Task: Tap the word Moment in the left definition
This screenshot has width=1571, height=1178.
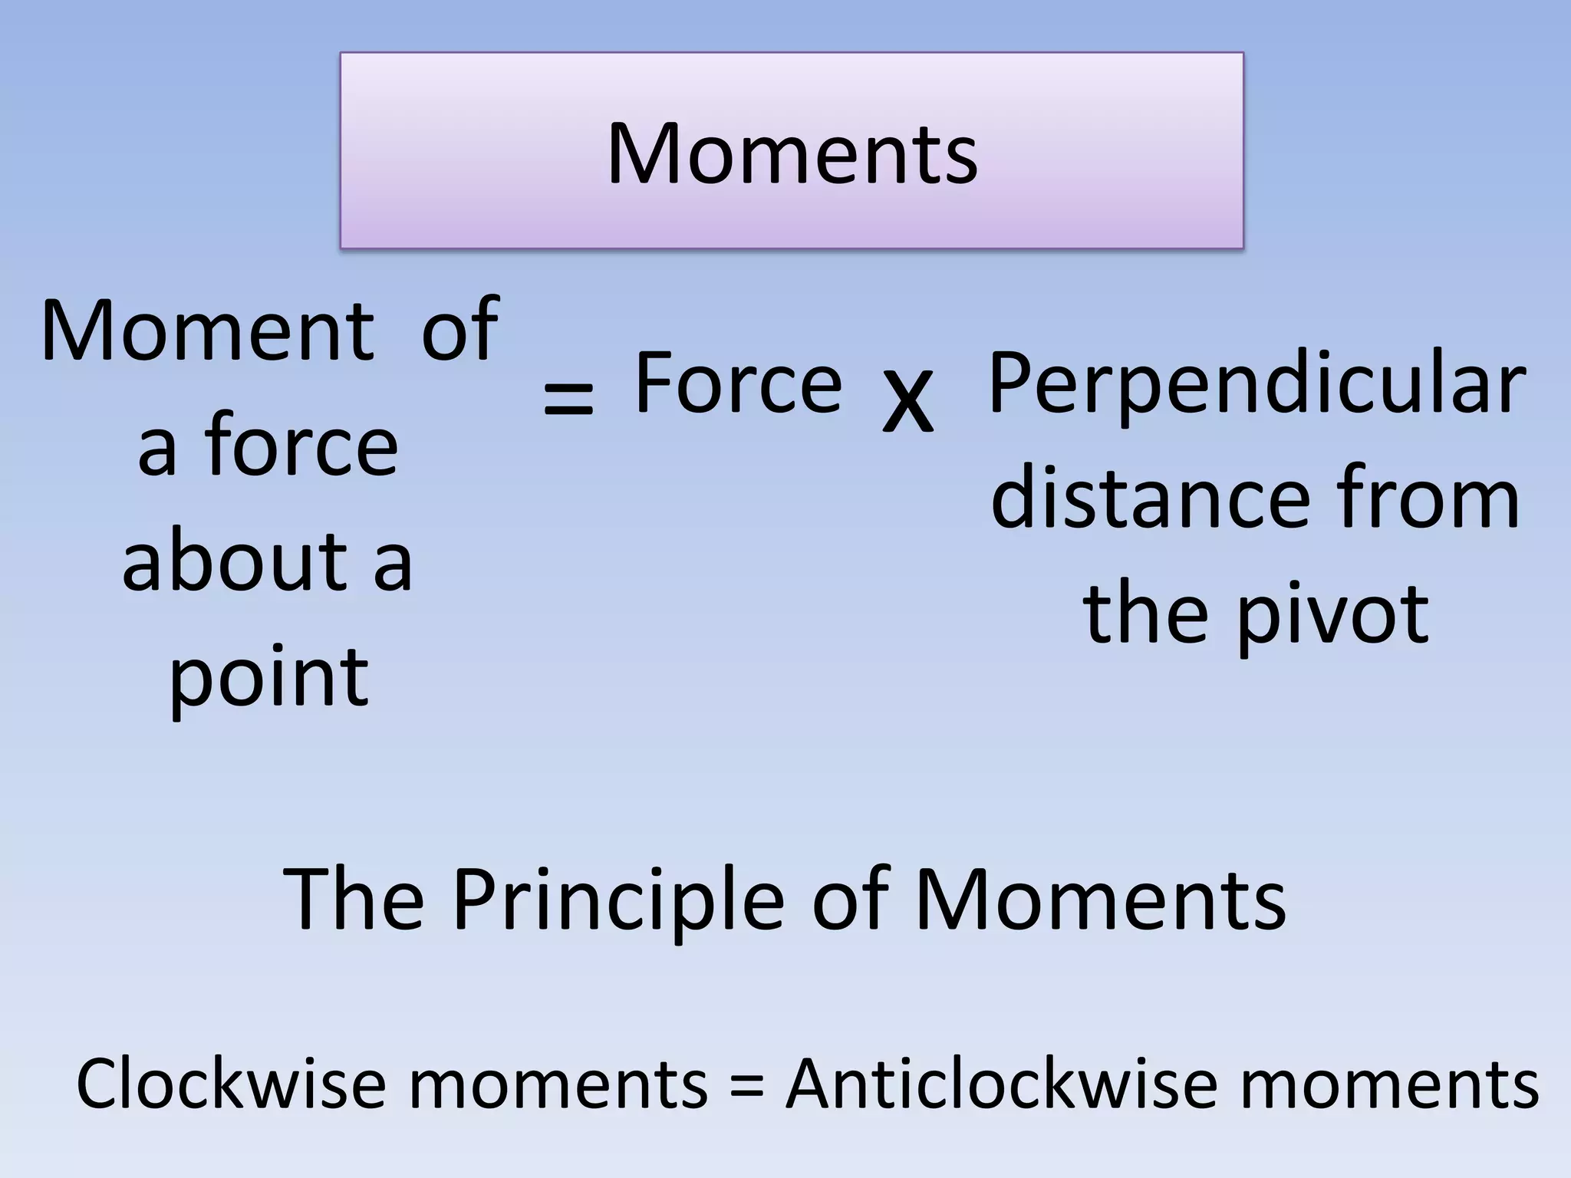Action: coord(207,331)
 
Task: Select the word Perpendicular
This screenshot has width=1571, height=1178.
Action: coord(1256,383)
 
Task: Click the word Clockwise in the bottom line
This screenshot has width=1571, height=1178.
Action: coord(230,1084)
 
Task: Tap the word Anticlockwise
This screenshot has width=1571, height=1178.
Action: coord(1001,1084)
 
